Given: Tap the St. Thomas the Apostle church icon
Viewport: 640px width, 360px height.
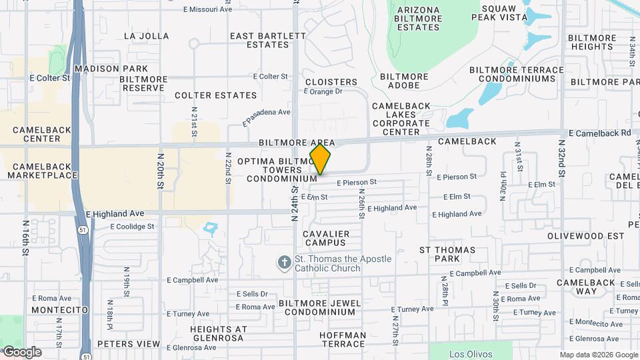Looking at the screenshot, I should pyautogui.click(x=284, y=262).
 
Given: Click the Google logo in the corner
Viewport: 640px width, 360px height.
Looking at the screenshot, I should pyautogui.click(x=22, y=352).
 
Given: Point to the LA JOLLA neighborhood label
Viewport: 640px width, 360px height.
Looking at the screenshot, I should pyautogui.click(x=147, y=36).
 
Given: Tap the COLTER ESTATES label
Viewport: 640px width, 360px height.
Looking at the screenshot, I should pyautogui.click(x=207, y=95).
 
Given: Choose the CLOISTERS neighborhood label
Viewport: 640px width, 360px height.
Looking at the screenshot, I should pyautogui.click(x=327, y=82).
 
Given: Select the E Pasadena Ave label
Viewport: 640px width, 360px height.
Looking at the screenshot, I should pyautogui.click(x=267, y=117).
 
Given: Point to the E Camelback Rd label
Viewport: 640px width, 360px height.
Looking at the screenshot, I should pyautogui.click(x=599, y=133).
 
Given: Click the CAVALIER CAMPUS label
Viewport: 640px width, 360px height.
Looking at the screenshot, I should pyautogui.click(x=326, y=238).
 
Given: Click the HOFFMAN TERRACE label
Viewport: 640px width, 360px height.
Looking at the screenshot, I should pyautogui.click(x=343, y=339).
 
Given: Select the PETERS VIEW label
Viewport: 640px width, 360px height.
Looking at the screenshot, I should pyautogui.click(x=129, y=344).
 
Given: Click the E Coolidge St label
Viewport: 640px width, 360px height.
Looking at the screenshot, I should pyautogui.click(x=132, y=226).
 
